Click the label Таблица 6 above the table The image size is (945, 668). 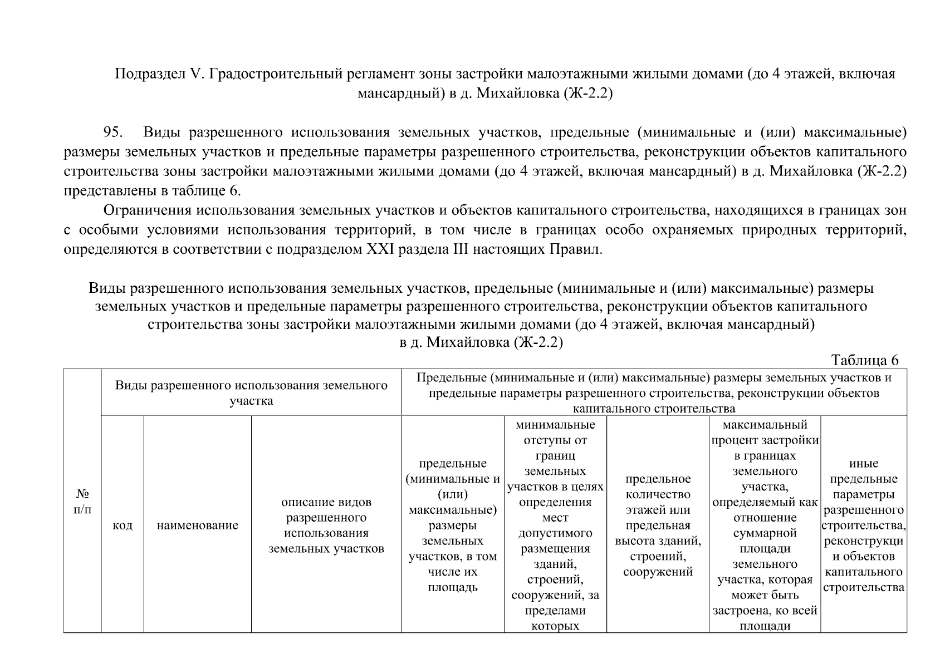[864, 360]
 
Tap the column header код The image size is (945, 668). [123, 525]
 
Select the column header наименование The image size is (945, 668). [197, 525]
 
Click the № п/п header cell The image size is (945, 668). [82, 502]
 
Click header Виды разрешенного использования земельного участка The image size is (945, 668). [251, 393]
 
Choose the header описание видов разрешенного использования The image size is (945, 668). [326, 525]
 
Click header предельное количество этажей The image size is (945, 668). [658, 525]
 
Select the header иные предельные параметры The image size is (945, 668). [863, 525]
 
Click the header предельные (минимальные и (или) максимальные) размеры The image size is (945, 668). [453, 525]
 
